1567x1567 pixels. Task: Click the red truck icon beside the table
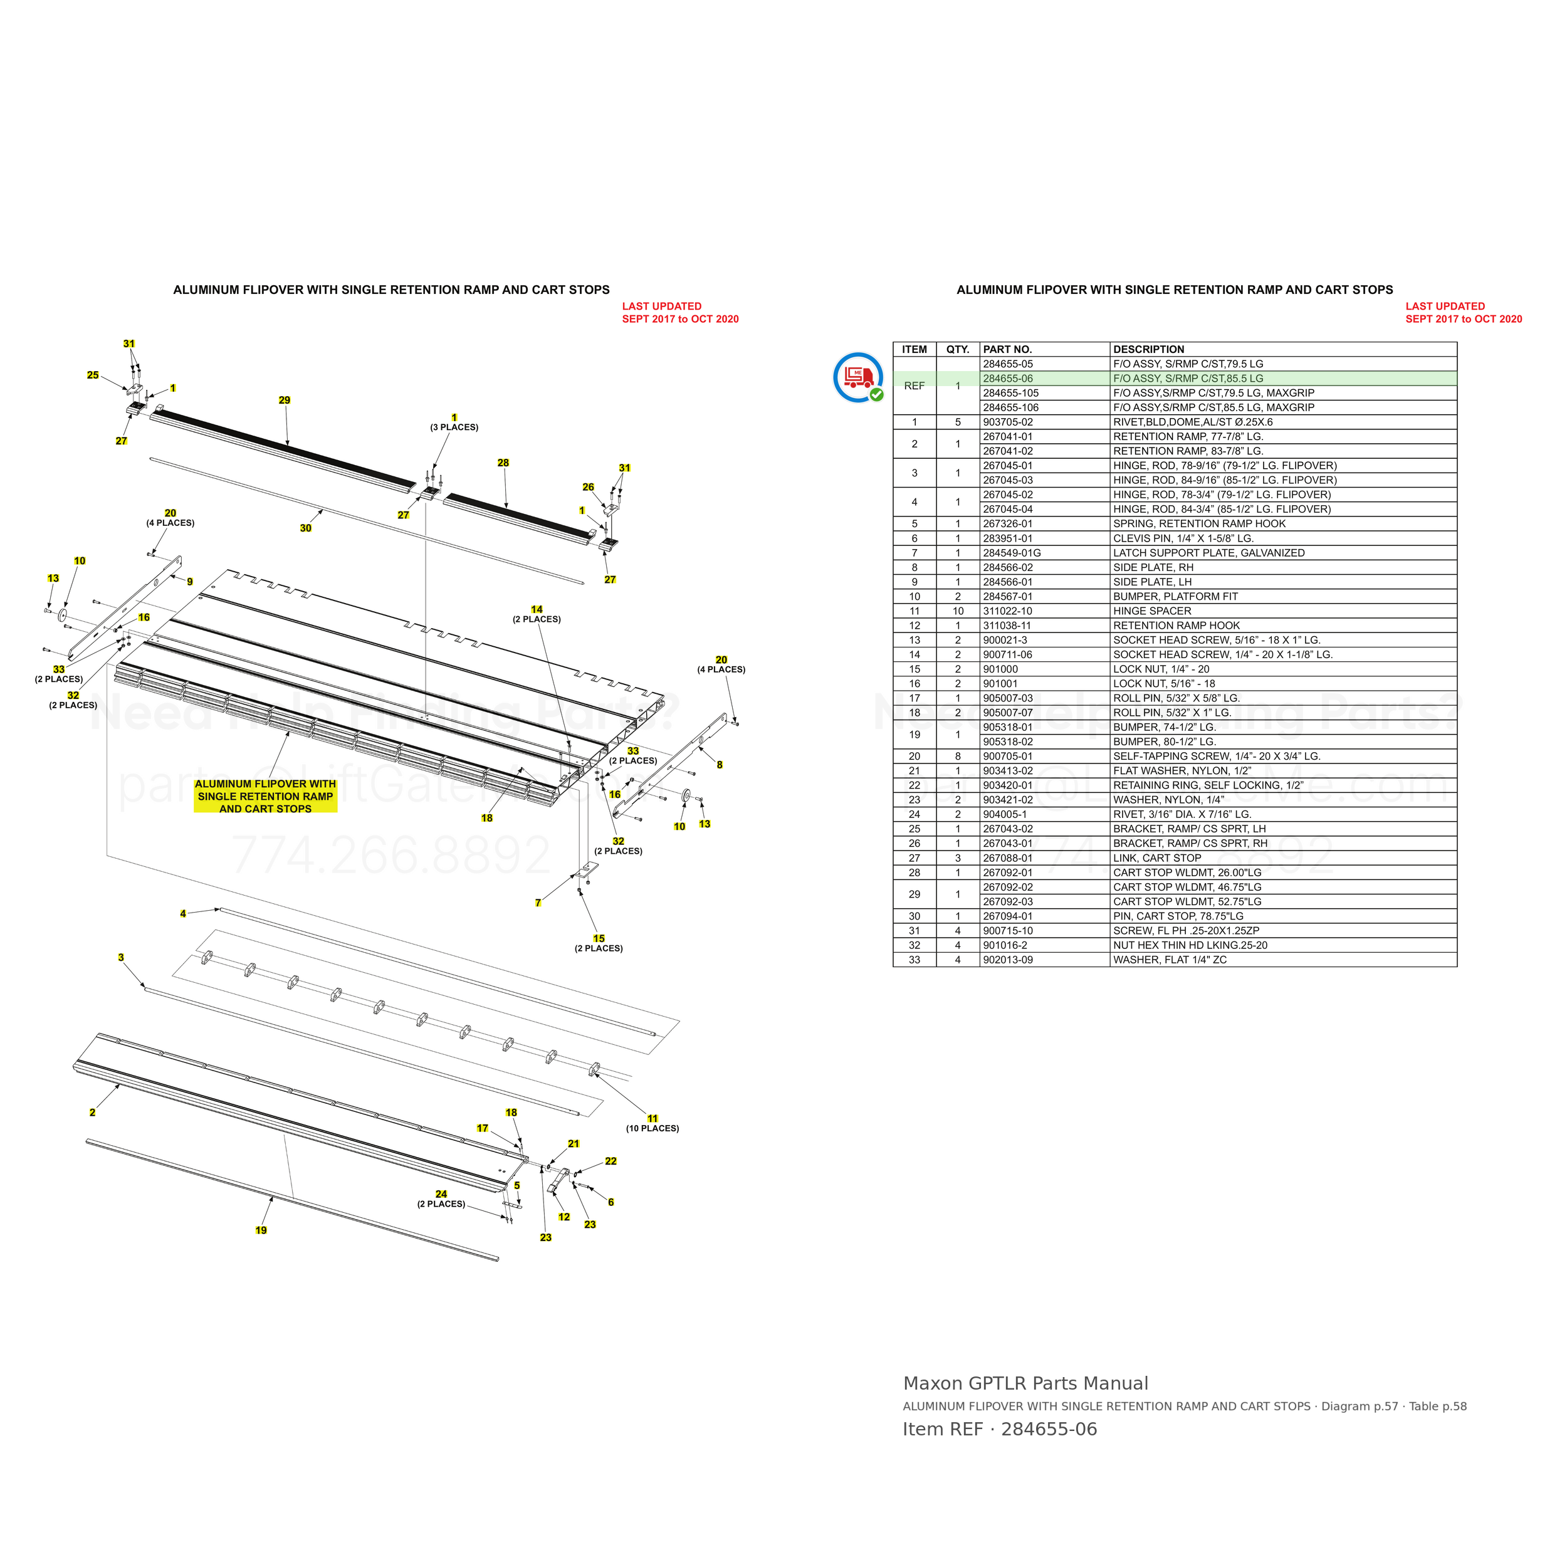point(859,378)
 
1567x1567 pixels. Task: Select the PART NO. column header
point(1007,350)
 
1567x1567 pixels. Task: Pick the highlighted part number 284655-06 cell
point(1007,379)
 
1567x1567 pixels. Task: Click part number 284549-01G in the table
point(1012,553)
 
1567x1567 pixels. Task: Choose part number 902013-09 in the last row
point(1007,960)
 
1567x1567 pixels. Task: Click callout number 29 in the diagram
point(284,400)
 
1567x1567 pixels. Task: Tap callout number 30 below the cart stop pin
point(305,528)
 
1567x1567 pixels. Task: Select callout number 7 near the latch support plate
point(538,903)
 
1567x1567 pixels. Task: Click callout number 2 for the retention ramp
point(93,1112)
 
